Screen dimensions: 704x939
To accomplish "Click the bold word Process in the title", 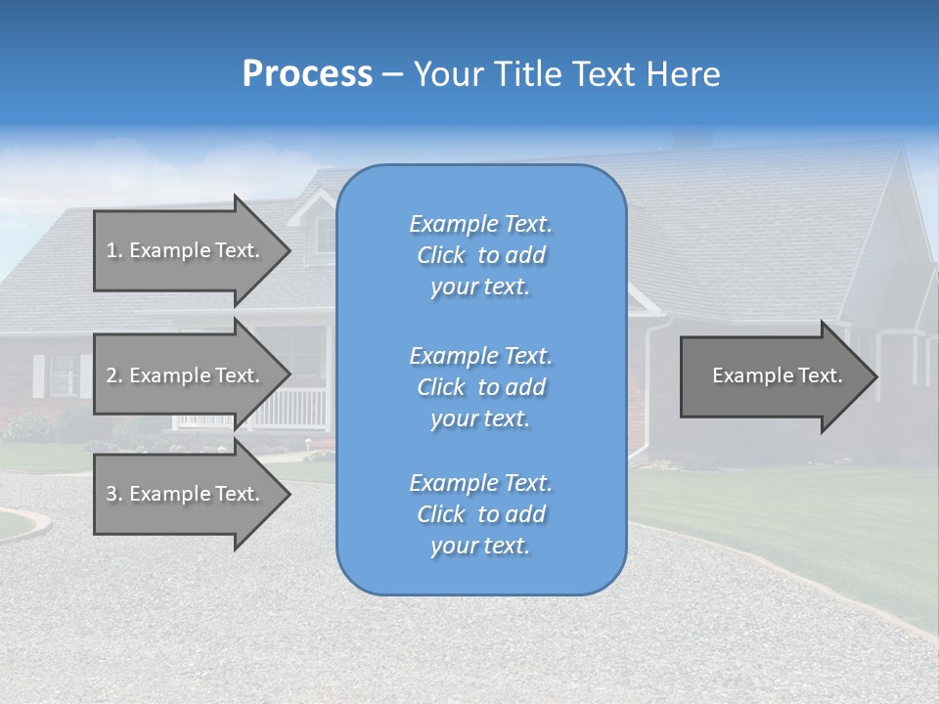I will pos(307,74).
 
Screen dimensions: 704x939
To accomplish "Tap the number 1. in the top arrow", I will pos(114,250).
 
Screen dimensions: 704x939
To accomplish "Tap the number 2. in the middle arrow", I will pos(114,375).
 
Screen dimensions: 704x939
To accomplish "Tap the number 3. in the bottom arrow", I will pos(114,494).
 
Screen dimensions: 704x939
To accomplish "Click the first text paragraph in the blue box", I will pos(480,255).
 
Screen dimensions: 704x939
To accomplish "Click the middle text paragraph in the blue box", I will pos(480,387).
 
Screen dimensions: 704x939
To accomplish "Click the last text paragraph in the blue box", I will pos(480,514).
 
